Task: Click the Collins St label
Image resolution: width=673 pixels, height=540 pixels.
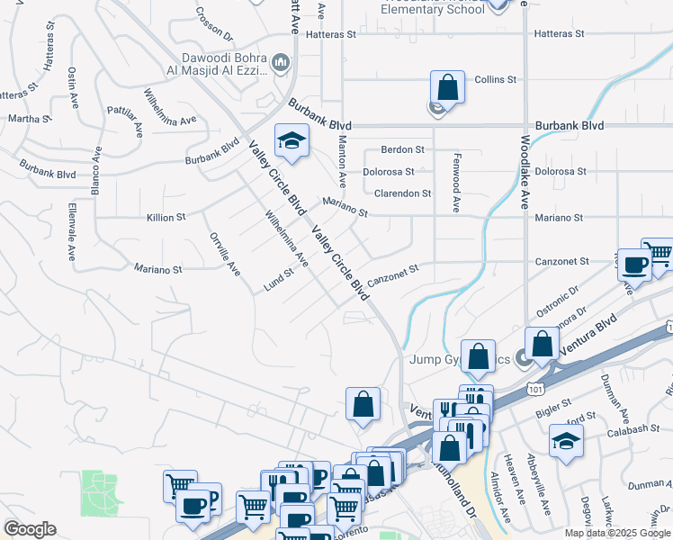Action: click(495, 79)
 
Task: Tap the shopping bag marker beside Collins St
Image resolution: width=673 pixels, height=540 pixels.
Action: click(447, 88)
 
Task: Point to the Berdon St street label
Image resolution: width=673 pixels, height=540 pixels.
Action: click(402, 149)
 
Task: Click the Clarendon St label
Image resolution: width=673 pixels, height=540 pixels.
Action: click(402, 193)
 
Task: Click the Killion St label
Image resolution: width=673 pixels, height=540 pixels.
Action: click(166, 218)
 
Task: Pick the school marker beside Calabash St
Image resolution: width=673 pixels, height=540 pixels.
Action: click(566, 442)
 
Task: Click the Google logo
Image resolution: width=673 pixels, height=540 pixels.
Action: click(30, 528)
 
